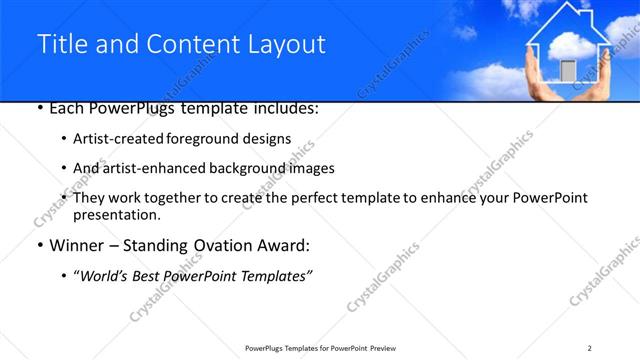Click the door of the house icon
point(567,70)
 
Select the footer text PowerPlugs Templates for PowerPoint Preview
point(319,347)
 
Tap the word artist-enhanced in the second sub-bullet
point(152,168)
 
